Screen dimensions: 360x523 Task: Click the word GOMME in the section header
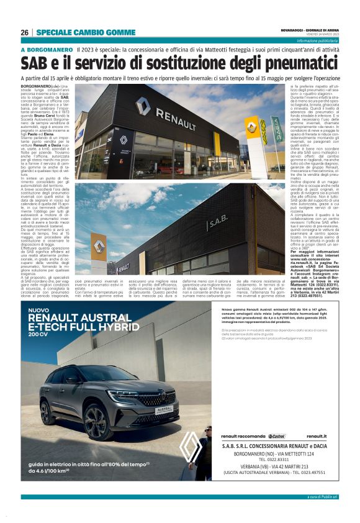[109, 32]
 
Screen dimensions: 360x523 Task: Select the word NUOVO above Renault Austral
[39, 309]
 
